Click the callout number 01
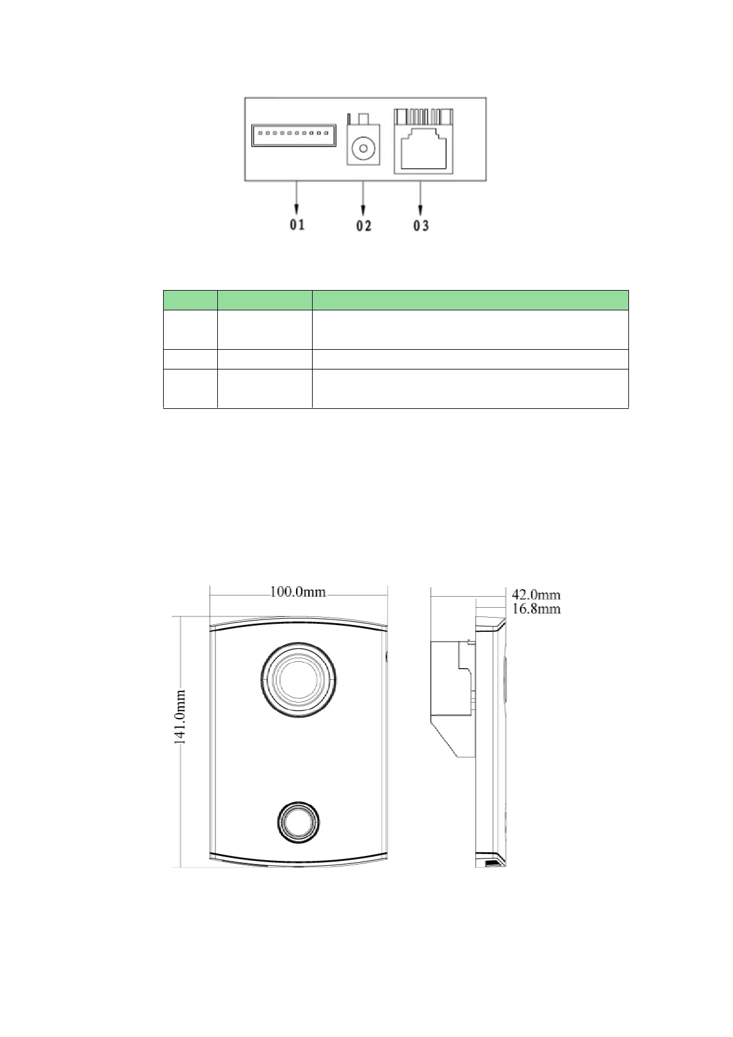tap(297, 225)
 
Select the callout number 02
tap(363, 226)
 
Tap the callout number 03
tap(420, 226)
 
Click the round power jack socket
tap(363, 148)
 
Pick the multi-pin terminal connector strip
tap(294, 135)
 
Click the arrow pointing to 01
tap(297, 198)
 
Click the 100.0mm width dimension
tap(297, 592)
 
